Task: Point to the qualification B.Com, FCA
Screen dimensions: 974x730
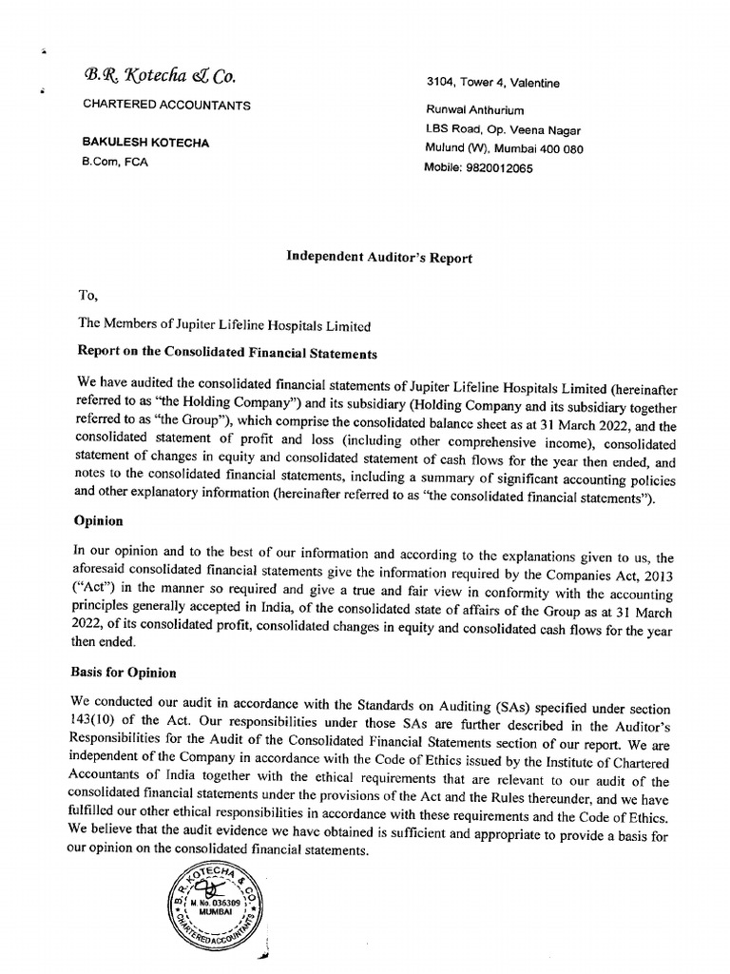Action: [x=116, y=162]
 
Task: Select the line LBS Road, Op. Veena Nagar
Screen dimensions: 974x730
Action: [x=503, y=130]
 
